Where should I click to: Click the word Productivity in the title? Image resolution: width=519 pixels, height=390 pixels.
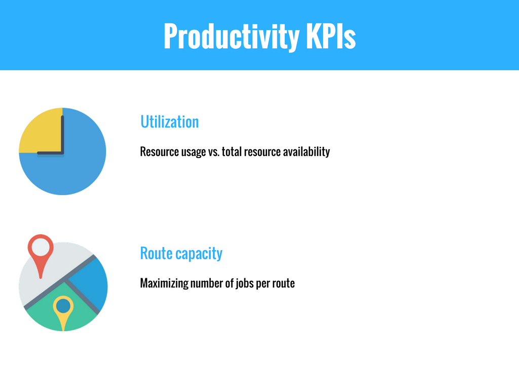(x=232, y=37)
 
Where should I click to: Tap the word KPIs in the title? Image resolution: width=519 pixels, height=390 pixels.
(x=330, y=36)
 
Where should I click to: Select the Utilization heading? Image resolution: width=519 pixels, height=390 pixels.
(x=169, y=122)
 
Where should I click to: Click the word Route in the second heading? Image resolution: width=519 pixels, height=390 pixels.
(x=156, y=253)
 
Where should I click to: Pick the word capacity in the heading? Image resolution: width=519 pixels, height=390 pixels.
(x=199, y=254)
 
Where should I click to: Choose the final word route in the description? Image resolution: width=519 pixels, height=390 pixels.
(x=283, y=284)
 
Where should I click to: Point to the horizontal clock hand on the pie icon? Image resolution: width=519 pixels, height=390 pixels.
(x=50, y=153)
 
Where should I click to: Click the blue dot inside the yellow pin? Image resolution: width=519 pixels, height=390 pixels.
(x=63, y=306)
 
